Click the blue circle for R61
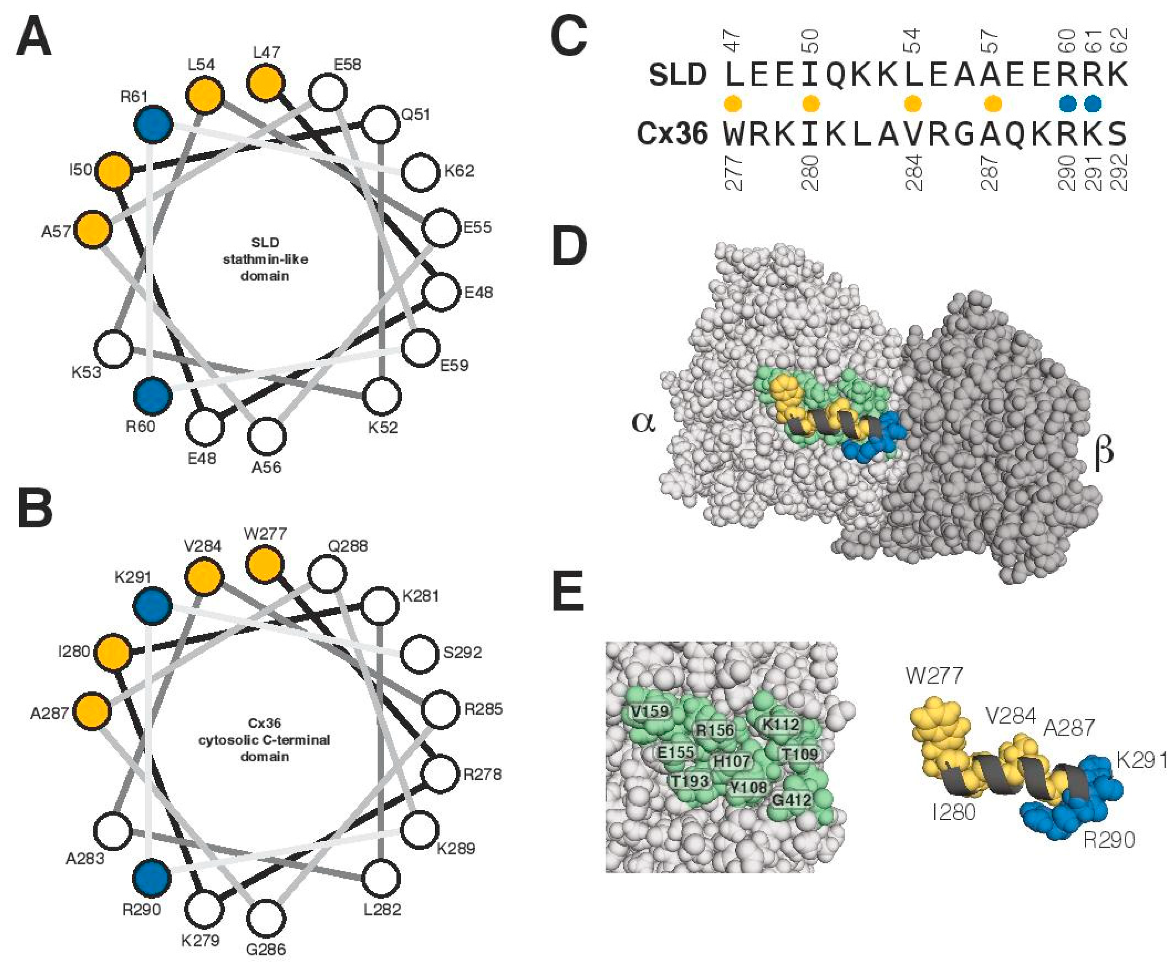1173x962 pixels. (153, 123)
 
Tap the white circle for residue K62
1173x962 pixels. (424, 173)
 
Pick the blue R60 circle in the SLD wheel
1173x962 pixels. (152, 396)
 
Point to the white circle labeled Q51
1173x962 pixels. (381, 124)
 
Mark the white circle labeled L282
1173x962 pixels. (382, 878)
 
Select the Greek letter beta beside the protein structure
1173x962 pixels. (1103, 451)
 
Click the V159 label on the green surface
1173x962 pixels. (650, 711)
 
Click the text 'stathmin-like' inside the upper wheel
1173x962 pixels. (265, 259)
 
